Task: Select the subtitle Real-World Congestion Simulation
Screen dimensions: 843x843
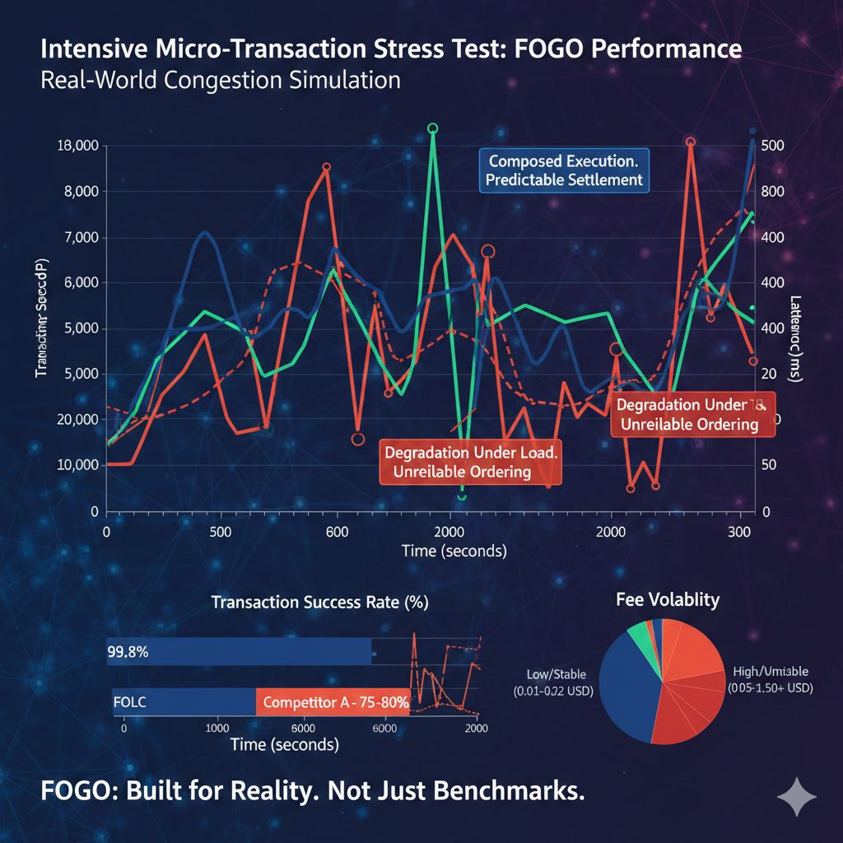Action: click(x=221, y=81)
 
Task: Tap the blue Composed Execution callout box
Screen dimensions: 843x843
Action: click(x=565, y=170)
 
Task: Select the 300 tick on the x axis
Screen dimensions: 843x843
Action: click(x=742, y=531)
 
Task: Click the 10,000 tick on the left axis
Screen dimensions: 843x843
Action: click(x=76, y=465)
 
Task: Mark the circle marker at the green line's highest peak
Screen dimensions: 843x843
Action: click(x=433, y=128)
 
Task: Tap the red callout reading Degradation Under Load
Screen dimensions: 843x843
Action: click(x=471, y=462)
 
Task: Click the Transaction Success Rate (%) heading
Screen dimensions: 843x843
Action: click(x=319, y=602)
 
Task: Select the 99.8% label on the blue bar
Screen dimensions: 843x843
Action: click(x=128, y=652)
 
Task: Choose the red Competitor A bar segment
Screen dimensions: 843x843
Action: click(x=333, y=703)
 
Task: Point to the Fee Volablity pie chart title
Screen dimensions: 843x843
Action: click(x=667, y=599)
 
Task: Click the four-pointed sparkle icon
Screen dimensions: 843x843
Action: click(x=797, y=798)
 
